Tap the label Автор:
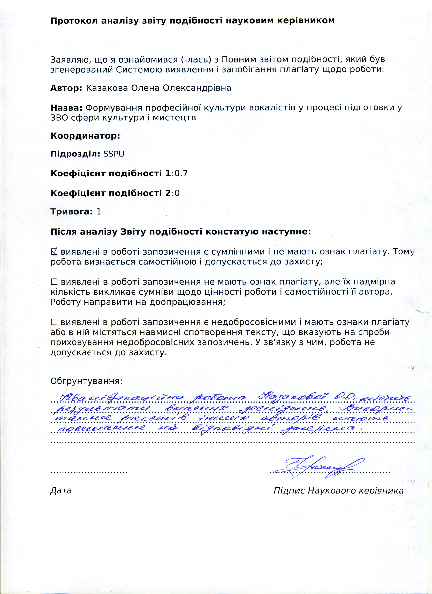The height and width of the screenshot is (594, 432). pyautogui.click(x=66, y=88)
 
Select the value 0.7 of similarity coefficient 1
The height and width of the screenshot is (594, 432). pyautogui.click(x=181, y=173)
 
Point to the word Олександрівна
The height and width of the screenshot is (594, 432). pyautogui.click(x=197, y=88)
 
